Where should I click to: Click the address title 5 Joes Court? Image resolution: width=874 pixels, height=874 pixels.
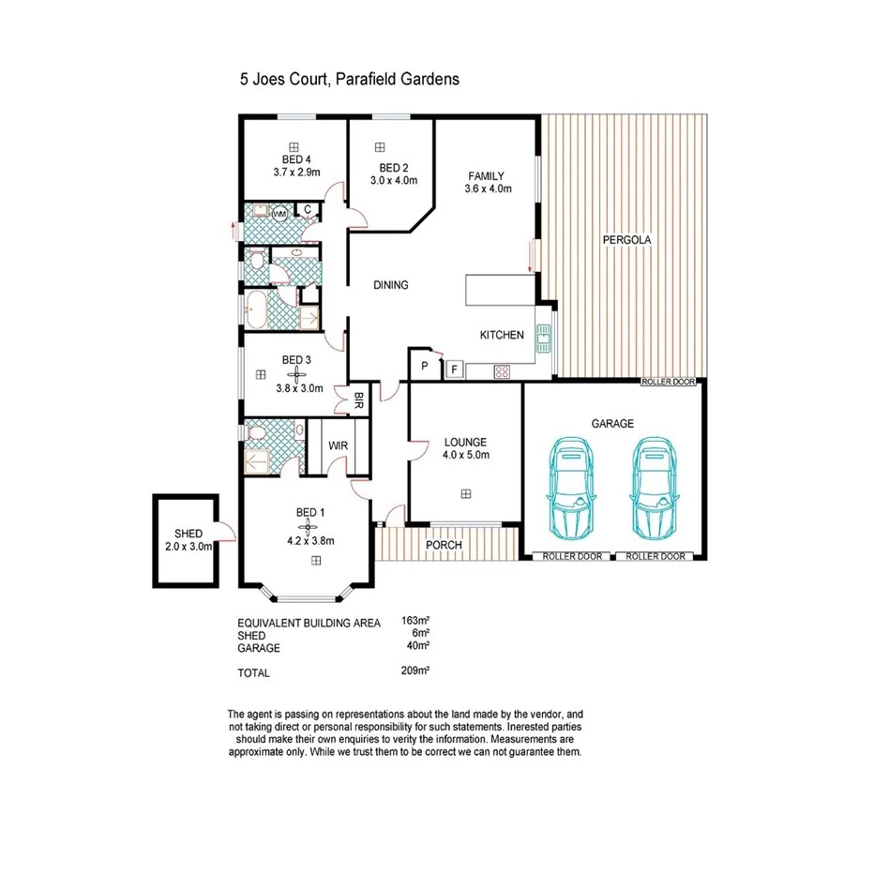(x=349, y=80)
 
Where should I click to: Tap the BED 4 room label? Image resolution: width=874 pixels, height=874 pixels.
(x=296, y=159)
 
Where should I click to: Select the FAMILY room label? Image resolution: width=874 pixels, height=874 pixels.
(x=487, y=175)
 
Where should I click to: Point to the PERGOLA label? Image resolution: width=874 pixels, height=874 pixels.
(x=626, y=240)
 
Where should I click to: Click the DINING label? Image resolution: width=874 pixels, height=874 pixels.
(x=390, y=285)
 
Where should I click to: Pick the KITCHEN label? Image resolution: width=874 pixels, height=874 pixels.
(x=502, y=336)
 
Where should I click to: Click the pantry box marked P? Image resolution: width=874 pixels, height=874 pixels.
(x=424, y=366)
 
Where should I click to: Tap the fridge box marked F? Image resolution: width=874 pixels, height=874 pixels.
(x=454, y=369)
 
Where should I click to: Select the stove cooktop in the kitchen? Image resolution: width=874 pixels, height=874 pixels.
(x=502, y=371)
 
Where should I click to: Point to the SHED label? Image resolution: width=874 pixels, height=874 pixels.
(x=188, y=534)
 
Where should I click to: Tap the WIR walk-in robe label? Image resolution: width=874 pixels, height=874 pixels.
(x=338, y=445)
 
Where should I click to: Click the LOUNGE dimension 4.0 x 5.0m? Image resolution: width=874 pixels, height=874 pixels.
(x=466, y=456)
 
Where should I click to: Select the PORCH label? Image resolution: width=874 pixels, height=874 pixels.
(x=444, y=545)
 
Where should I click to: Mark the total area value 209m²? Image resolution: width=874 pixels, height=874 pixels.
(x=414, y=671)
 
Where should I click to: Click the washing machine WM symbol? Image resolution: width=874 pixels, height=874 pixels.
(x=279, y=215)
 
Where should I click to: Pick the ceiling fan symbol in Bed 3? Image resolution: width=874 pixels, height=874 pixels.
(x=292, y=374)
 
